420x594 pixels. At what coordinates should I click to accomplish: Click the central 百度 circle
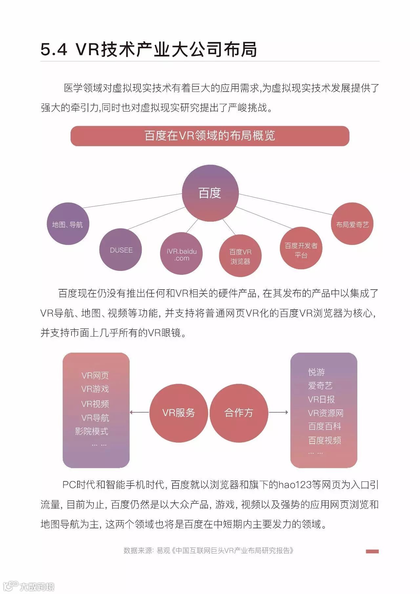coord(210,193)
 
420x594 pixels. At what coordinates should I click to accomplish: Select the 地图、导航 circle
coord(68,224)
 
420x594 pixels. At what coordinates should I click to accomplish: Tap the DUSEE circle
coord(121,250)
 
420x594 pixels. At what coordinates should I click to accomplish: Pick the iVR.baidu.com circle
coord(181,254)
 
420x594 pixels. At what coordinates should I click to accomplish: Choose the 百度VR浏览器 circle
coord(240,256)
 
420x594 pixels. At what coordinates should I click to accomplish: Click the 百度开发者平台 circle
coord(301,249)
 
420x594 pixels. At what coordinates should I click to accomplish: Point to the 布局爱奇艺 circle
coord(352,224)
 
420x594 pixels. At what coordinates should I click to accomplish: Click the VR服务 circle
coord(178,412)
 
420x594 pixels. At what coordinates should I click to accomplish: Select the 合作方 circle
coord(239,412)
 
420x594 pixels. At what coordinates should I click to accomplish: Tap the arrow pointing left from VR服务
coord(139,412)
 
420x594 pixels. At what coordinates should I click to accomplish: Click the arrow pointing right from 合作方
coord(279,412)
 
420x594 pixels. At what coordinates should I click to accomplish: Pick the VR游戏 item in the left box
coord(95,389)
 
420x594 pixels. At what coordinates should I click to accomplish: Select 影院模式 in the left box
coord(92,431)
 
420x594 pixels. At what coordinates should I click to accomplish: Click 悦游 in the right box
coord(317,372)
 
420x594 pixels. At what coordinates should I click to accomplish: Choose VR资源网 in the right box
coord(325,413)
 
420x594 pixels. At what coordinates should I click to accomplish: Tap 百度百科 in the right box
coord(325,427)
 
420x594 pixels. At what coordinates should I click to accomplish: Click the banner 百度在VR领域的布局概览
coord(210,136)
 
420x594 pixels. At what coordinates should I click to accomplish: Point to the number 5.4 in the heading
coord(54,50)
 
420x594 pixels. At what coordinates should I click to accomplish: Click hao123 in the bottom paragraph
coord(295,485)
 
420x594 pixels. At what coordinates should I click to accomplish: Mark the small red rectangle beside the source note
coord(372,551)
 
